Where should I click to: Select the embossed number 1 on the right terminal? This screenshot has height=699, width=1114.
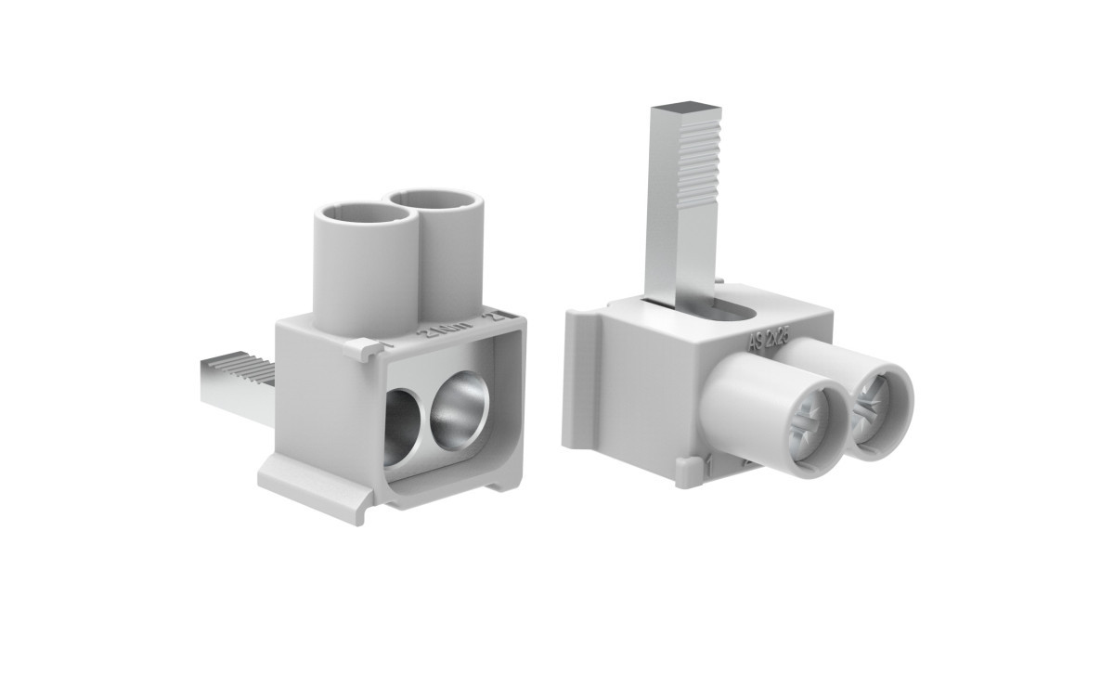[707, 461]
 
